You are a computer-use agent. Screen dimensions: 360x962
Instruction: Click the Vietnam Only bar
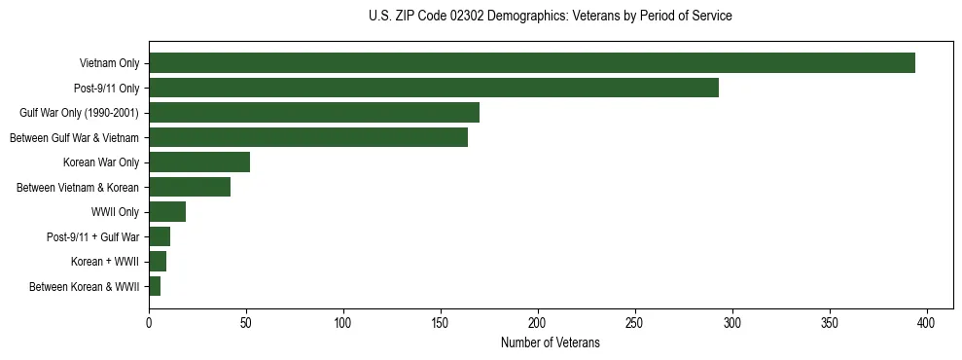(532, 63)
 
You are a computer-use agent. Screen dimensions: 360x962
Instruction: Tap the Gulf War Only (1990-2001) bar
(314, 113)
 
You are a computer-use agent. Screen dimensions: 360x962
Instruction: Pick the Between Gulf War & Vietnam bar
(308, 137)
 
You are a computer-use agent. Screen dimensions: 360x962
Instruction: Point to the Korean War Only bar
(199, 162)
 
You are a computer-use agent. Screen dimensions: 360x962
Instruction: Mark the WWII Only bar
(167, 212)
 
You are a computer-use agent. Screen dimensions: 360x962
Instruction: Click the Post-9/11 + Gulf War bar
(160, 236)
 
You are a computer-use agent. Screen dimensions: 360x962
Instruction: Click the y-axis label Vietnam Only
(109, 64)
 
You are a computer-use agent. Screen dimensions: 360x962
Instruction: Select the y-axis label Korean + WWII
(105, 262)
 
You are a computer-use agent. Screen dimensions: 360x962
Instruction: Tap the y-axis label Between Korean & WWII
(85, 287)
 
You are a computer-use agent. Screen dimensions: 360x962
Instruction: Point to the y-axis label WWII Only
(115, 212)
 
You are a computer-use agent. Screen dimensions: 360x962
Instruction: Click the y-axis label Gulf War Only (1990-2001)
(79, 113)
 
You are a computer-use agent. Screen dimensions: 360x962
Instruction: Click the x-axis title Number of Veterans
(551, 342)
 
